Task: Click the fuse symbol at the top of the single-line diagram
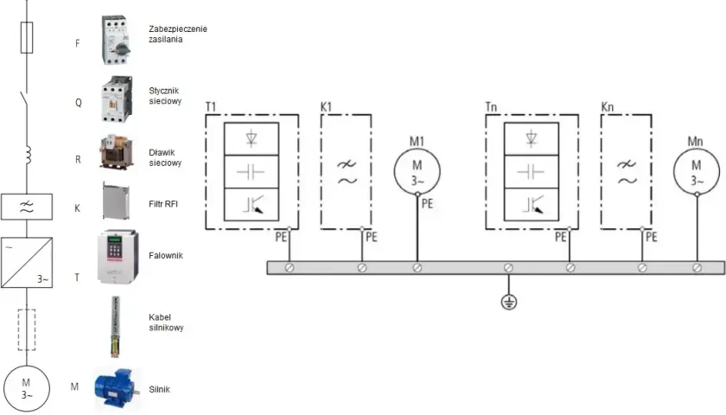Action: [27, 37]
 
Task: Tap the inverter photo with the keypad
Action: [118, 257]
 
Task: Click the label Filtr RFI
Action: [163, 204]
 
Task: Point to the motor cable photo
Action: [115, 327]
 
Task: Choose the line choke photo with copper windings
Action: [116, 152]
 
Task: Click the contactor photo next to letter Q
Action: [117, 99]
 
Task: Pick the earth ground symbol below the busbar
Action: [509, 303]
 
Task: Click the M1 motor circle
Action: [417, 171]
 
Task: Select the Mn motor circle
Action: [697, 171]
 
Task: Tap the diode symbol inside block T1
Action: [252, 138]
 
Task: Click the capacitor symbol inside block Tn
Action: [531, 172]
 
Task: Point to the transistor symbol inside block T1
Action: [253, 204]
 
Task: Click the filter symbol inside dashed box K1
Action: [347, 172]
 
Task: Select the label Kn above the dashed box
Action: [607, 107]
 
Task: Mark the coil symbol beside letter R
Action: [29, 155]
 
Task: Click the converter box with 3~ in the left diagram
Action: [27, 263]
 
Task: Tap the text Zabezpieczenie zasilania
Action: [178, 34]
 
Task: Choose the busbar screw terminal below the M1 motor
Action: [417, 268]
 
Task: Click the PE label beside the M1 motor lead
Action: [427, 204]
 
